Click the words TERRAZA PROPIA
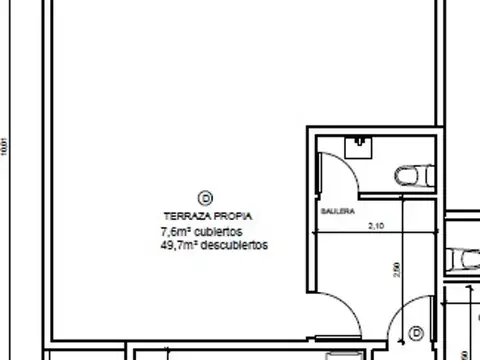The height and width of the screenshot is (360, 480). point(208,216)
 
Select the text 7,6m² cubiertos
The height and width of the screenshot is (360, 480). point(201,230)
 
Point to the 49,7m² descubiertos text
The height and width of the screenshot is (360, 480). point(214,244)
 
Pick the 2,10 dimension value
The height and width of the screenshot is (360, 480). point(376,227)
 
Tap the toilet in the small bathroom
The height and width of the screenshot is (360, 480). point(410,175)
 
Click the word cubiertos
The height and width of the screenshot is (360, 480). point(219,230)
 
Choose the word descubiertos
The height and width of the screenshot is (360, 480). point(235,244)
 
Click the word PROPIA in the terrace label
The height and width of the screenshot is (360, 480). point(232,216)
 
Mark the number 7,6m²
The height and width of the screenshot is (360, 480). point(175,230)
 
